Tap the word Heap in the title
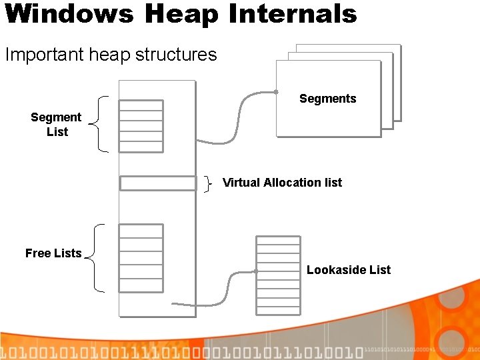(171, 13)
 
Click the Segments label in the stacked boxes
(327, 99)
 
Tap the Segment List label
(57, 125)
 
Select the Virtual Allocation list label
(282, 183)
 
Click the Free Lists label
(53, 253)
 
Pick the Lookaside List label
(349, 270)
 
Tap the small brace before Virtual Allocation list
(209, 183)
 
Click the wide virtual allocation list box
(158, 183)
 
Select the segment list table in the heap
(141, 126)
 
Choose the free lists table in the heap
(141, 257)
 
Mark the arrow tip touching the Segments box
(275, 92)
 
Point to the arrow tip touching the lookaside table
(255, 271)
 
